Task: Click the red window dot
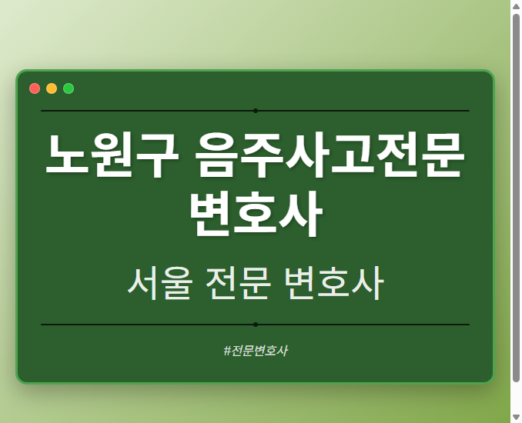(x=35, y=88)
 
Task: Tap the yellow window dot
(x=52, y=88)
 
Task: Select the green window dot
(x=69, y=88)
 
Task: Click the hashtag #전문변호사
(x=255, y=351)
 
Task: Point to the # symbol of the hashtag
(x=227, y=351)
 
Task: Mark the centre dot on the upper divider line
(x=255, y=111)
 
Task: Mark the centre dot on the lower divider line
(x=255, y=325)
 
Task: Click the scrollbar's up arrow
(x=516, y=5)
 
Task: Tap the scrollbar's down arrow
(x=516, y=417)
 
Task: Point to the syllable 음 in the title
(x=218, y=155)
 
